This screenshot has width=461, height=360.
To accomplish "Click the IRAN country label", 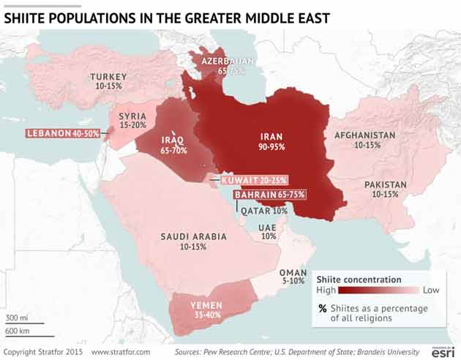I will tap(271, 136).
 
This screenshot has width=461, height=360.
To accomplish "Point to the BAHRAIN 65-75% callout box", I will tap(269, 195).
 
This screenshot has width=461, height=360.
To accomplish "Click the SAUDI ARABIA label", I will tap(193, 236).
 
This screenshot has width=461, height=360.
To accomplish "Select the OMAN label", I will tap(293, 272).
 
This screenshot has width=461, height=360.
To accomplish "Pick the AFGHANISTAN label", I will tap(364, 135).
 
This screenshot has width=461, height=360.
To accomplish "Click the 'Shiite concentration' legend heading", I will tap(359, 280).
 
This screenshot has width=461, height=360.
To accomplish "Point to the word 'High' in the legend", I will tap(326, 290).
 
